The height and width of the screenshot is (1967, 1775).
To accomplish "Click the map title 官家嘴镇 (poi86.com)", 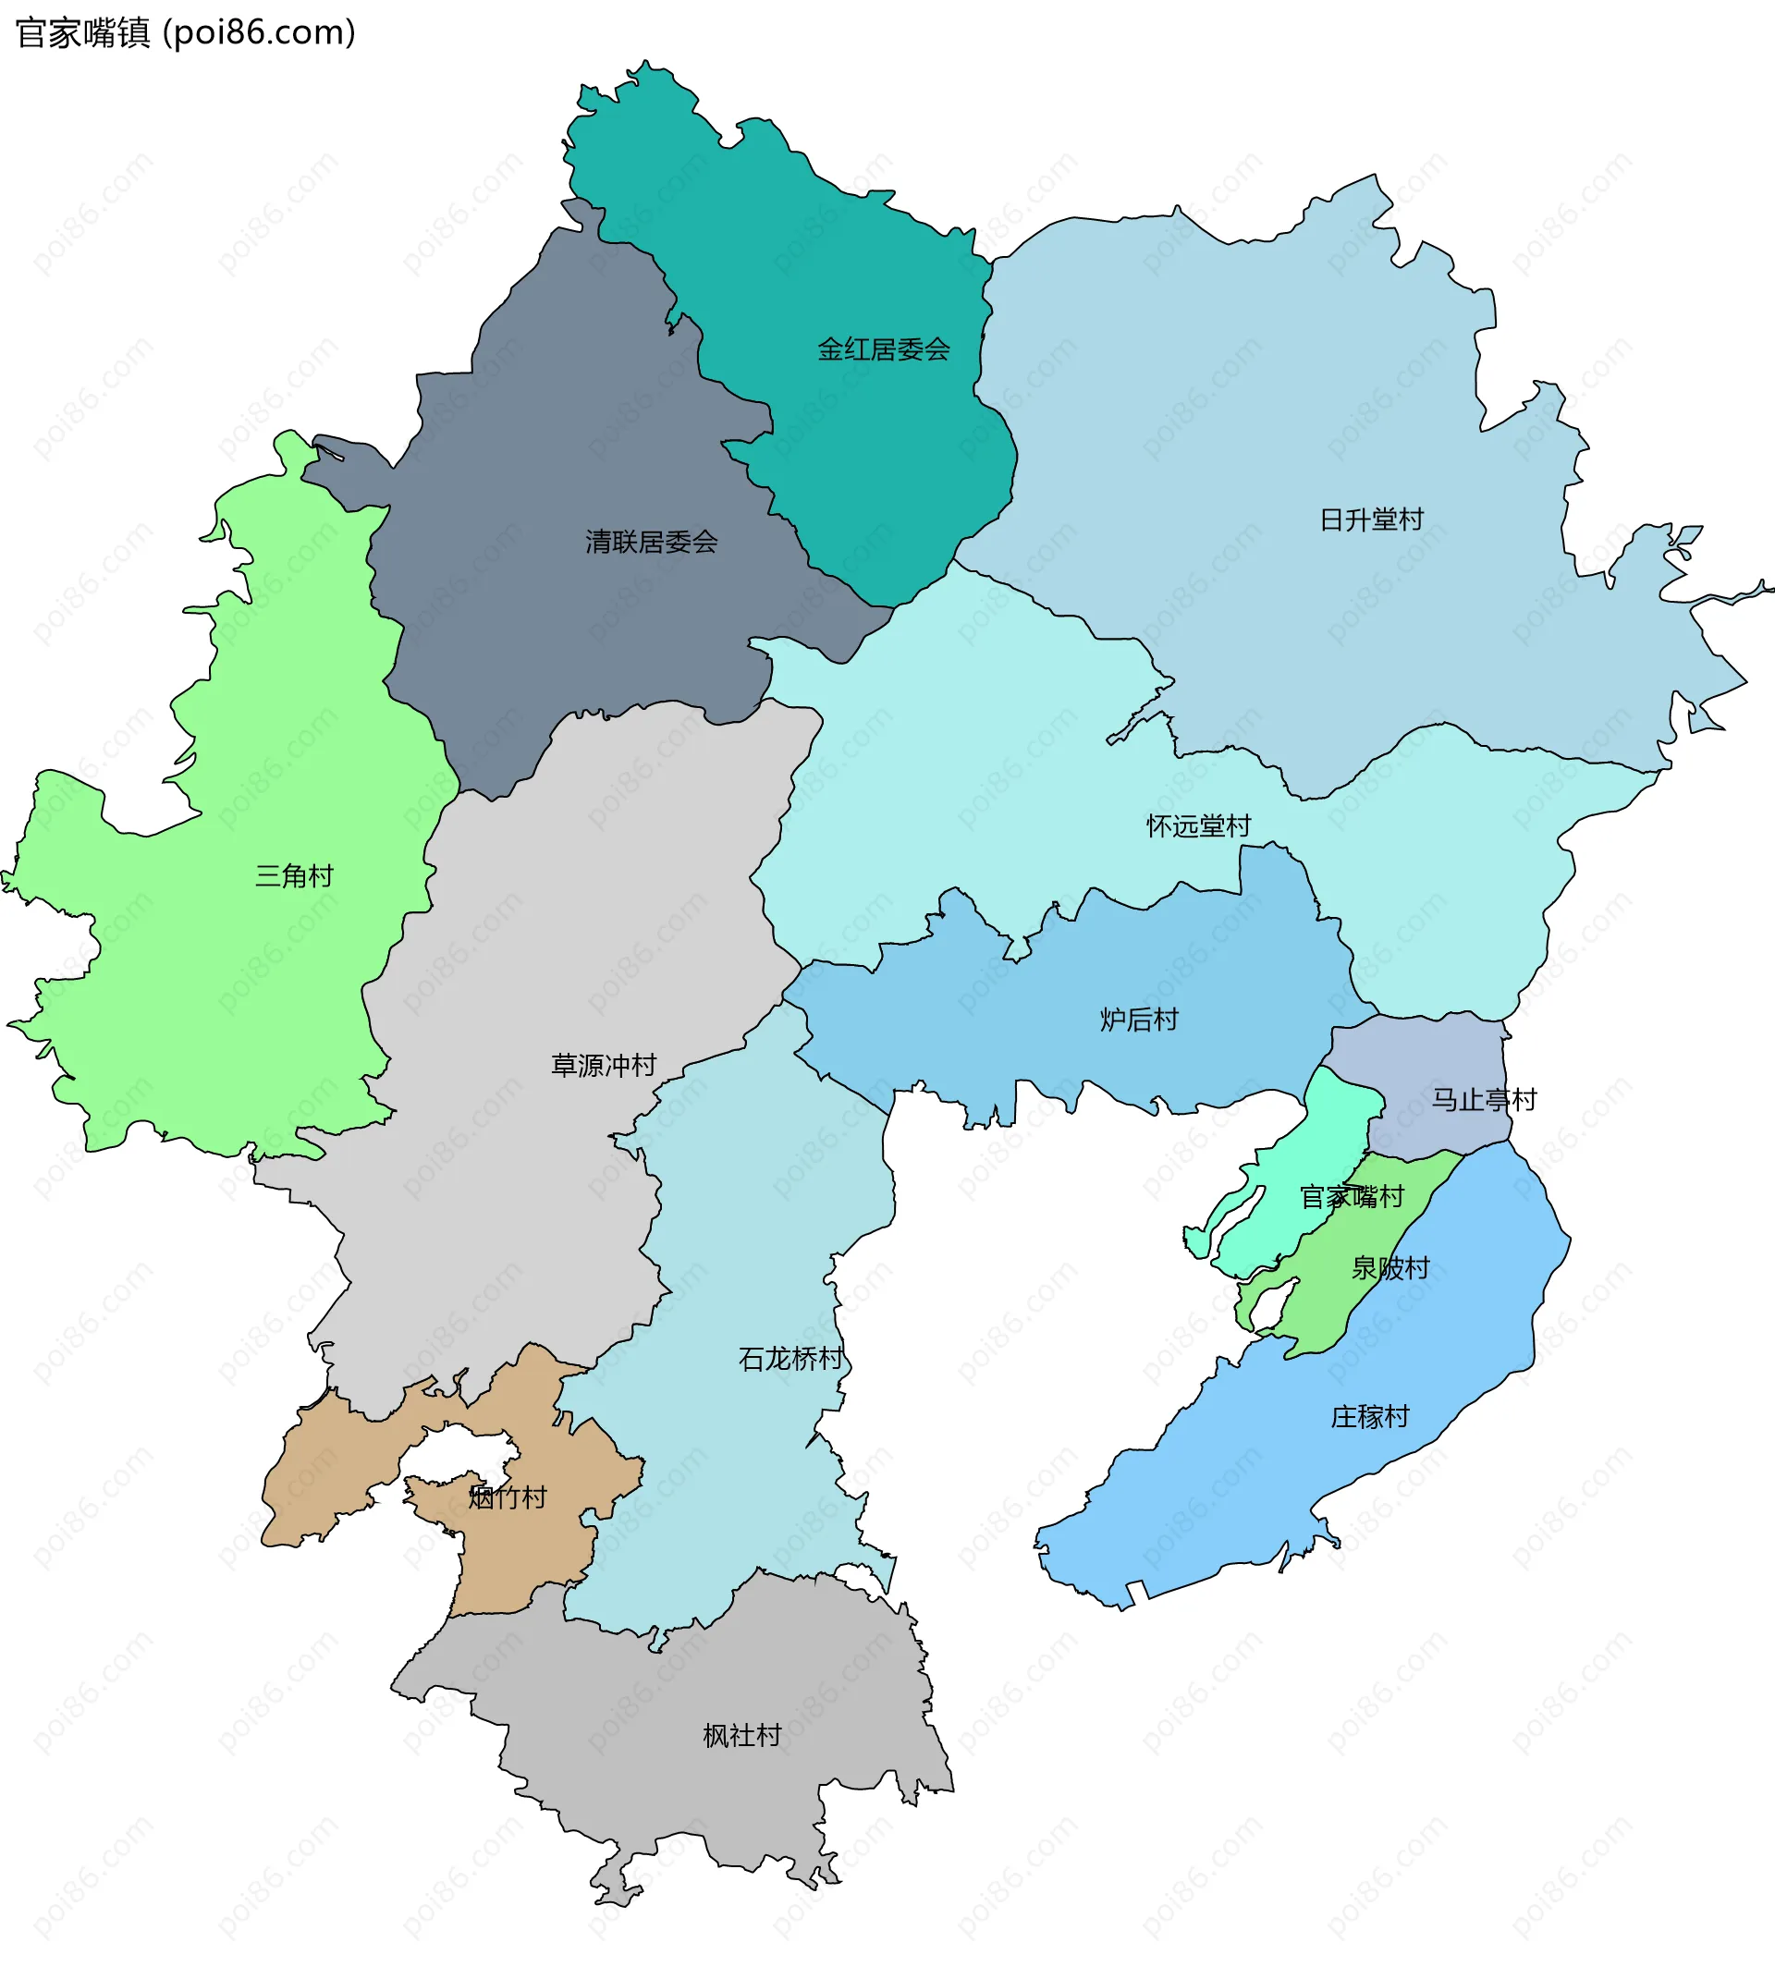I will click(185, 33).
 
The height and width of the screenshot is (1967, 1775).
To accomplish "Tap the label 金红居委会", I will click(883, 349).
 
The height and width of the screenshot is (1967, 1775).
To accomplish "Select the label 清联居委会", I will click(652, 542).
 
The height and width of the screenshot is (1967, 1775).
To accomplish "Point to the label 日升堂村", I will click(1371, 519).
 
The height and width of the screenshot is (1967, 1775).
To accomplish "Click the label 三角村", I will click(294, 874).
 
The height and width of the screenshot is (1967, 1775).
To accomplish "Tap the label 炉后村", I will click(1139, 1020).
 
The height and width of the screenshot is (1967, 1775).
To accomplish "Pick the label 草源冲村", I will click(604, 1065).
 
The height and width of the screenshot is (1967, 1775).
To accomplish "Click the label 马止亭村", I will click(1484, 1100).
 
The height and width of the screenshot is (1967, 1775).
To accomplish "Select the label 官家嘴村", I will click(1352, 1197).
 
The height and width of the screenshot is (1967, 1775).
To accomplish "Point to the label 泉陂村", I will click(1389, 1268).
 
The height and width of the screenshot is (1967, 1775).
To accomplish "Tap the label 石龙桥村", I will click(790, 1359).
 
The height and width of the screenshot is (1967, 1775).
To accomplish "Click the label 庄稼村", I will click(1369, 1416).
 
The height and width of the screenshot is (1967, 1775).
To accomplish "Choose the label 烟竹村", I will click(508, 1497).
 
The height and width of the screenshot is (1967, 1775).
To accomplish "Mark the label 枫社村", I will click(741, 1735).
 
